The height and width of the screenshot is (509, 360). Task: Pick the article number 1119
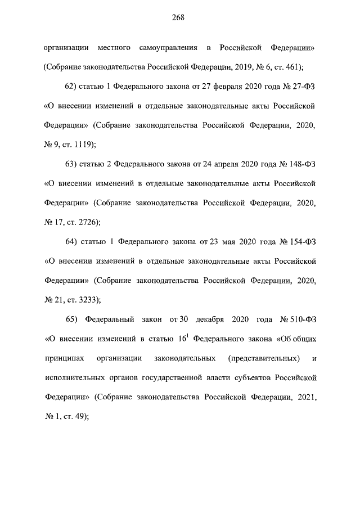coord(82,144)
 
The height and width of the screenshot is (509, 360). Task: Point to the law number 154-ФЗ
coord(300,242)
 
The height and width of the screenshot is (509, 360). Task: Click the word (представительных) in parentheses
coord(264,358)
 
